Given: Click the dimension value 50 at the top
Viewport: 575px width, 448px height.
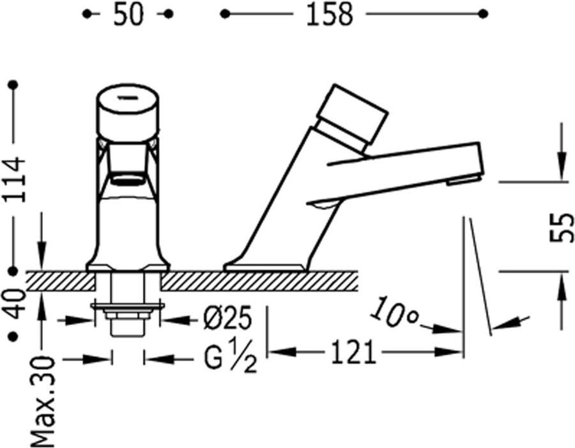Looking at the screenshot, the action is pos(128,15).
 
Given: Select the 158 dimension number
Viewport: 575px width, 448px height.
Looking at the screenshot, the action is pos(329,15).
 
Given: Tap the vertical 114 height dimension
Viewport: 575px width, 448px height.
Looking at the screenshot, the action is pos(15,179).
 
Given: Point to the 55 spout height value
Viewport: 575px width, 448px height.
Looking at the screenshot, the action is pos(562,227).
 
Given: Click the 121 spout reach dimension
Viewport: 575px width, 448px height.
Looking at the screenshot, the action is pos(354,352).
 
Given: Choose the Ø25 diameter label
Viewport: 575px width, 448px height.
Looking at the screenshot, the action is pos(227,318).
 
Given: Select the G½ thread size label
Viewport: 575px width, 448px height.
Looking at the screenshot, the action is pos(230,355).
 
